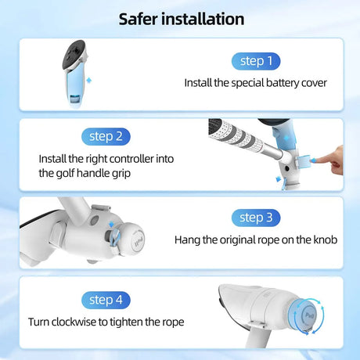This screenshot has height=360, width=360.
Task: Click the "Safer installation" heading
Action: click(182, 19)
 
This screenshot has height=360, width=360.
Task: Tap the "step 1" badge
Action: click(256, 61)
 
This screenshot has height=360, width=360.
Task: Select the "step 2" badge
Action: click(106, 136)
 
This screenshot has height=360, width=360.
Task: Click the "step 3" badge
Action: click(256, 218)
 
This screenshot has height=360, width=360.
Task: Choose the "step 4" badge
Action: click(106, 300)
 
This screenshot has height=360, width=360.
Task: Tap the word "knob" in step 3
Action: click(326, 239)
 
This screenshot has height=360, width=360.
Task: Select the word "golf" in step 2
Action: click(65, 174)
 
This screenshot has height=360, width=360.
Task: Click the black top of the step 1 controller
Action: click(74, 53)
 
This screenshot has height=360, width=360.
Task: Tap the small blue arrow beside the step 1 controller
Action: click(89, 80)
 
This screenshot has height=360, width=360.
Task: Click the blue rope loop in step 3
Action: click(115, 238)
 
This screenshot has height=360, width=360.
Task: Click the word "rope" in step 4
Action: click(173, 322)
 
